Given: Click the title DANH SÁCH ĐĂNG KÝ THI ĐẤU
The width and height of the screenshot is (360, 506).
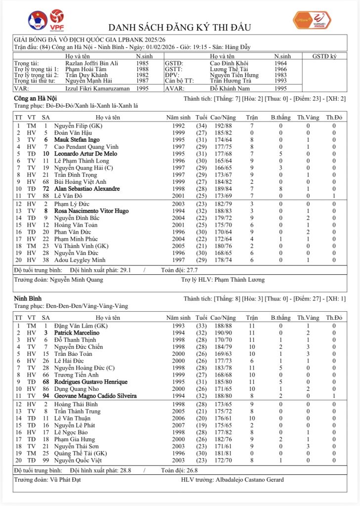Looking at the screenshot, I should (x=180, y=27).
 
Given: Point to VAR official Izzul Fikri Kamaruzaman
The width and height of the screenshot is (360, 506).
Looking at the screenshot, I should (x=93, y=88).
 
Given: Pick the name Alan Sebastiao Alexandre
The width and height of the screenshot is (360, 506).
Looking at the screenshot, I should (x=87, y=189).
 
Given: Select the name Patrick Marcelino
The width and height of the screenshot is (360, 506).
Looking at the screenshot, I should (x=77, y=333).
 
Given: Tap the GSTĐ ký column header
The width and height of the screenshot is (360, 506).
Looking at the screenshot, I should (x=324, y=56).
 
